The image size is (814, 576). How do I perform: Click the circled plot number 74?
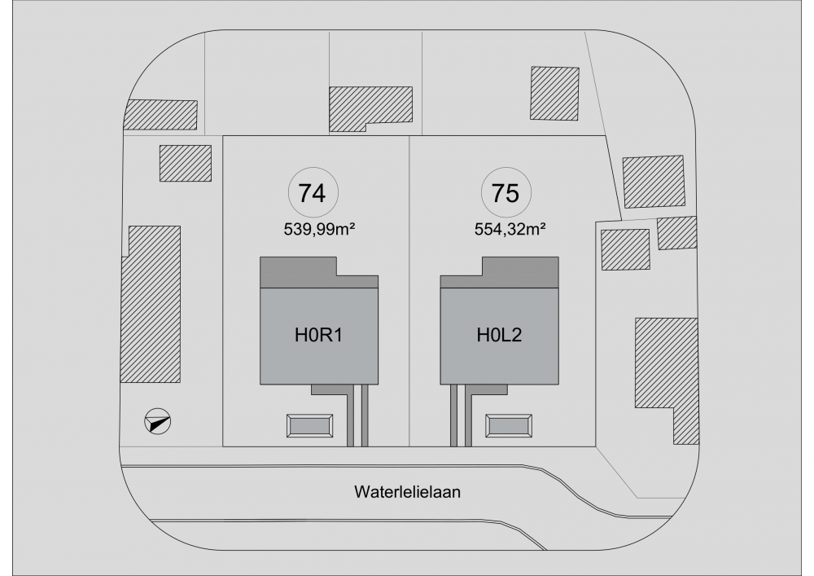pyautogui.click(x=313, y=193)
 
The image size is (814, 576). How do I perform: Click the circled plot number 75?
pyautogui.click(x=506, y=193)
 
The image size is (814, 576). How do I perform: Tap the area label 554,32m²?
pyautogui.click(x=510, y=229)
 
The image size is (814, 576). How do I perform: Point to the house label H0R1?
pyautogui.click(x=319, y=335)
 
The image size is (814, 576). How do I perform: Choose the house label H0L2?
pyautogui.click(x=500, y=335)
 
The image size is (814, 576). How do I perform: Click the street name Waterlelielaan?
pyautogui.click(x=408, y=492)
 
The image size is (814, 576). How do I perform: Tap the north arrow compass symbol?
pyautogui.click(x=157, y=421)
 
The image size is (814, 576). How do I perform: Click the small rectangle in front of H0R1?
pyautogui.click(x=310, y=426)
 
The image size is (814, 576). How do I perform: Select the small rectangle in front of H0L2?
pyautogui.click(x=509, y=426)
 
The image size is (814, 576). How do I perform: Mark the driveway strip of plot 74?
pyautogui.click(x=357, y=416)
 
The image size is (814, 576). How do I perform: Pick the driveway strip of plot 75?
pyautogui.click(x=462, y=416)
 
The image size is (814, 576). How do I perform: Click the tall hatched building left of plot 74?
pyautogui.click(x=151, y=305)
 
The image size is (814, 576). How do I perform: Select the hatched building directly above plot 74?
pyautogui.click(x=370, y=108)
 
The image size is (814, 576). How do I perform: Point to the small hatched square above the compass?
pyautogui.click(x=186, y=163)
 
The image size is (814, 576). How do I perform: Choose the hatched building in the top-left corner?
pyautogui.click(x=161, y=114)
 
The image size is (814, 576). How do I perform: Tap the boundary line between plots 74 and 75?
pyautogui.click(x=409, y=291)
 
